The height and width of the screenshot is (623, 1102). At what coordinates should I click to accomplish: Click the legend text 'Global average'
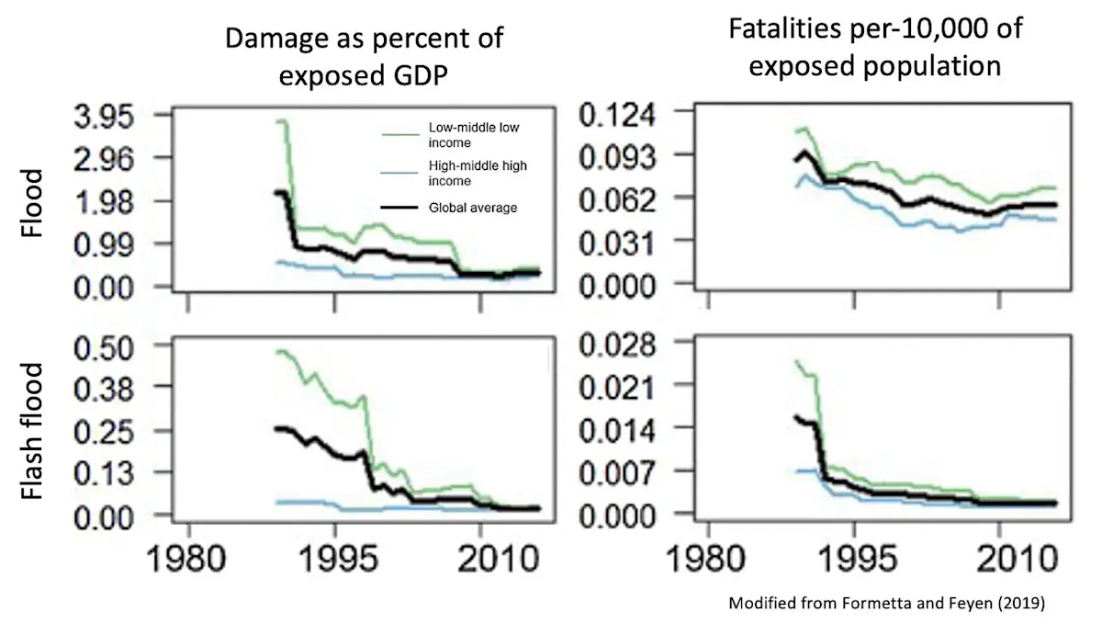point(473,208)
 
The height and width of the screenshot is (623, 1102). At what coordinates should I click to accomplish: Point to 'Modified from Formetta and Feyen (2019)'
point(886,603)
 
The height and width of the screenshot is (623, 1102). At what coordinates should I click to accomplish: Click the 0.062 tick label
point(624,199)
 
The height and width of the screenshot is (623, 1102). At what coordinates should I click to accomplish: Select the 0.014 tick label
point(624,428)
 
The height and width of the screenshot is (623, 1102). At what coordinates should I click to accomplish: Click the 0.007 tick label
point(624,470)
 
